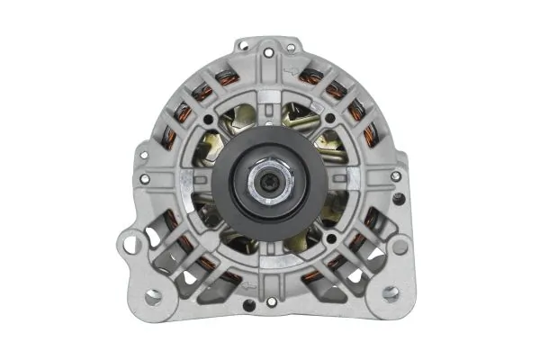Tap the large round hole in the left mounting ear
click(x=133, y=243)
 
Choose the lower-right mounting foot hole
click(x=390, y=293)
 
